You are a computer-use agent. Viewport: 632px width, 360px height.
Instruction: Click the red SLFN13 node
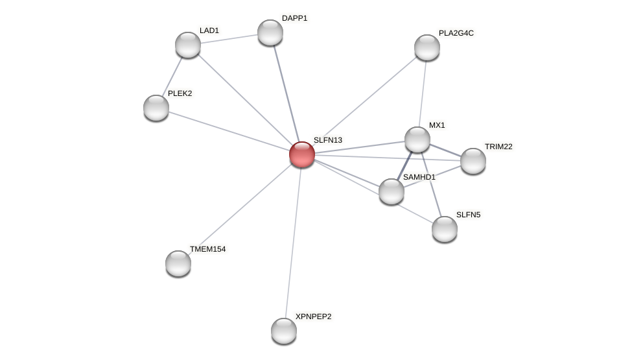[x=302, y=154]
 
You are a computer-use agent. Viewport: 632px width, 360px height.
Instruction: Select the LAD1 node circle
[x=188, y=45]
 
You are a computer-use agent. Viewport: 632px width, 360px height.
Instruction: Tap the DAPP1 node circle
[x=270, y=32]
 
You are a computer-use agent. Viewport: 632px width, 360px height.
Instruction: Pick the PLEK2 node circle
[x=156, y=108]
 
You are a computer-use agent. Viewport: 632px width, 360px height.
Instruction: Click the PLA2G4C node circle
[x=427, y=47]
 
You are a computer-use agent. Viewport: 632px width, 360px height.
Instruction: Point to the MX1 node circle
[x=417, y=139]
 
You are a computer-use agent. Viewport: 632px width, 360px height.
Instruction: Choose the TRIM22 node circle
[x=473, y=161]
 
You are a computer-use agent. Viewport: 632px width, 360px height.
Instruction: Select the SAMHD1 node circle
[x=392, y=191]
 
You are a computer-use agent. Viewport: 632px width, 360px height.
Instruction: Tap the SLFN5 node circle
[x=445, y=229]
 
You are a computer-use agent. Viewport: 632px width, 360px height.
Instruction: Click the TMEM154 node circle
[x=178, y=263]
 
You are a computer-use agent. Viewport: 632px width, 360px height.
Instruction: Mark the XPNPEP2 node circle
[x=284, y=331]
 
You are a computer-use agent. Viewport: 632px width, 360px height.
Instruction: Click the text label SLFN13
[x=327, y=140]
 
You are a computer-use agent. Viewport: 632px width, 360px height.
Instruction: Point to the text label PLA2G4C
[x=456, y=33]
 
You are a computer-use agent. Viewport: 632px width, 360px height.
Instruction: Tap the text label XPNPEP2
[x=313, y=317]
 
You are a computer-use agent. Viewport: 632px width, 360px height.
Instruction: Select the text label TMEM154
[x=207, y=249]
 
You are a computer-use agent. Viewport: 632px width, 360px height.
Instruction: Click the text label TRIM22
[x=498, y=147]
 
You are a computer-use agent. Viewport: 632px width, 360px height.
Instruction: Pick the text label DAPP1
[x=294, y=18]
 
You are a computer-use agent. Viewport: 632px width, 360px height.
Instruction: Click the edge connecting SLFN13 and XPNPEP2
[x=293, y=243]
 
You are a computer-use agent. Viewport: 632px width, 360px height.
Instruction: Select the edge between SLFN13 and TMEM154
[x=240, y=209]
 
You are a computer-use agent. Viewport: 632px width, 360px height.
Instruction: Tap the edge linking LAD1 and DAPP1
[x=229, y=39]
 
